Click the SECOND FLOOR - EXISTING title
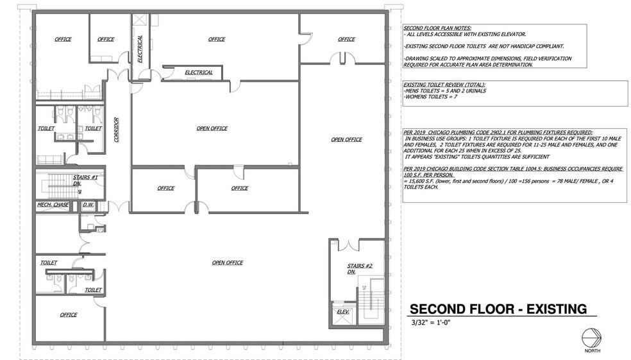[x=498, y=309]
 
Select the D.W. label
[x=87, y=205]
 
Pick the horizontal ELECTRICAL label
[x=198, y=73]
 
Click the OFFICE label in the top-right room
[x=346, y=39]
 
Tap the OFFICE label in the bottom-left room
[x=69, y=314]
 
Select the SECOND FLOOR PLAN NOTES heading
[x=437, y=28]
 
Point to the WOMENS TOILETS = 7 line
[x=430, y=96]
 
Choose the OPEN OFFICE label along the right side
[x=346, y=139]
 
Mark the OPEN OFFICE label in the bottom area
[x=227, y=262]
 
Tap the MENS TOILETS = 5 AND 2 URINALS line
[x=444, y=90]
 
